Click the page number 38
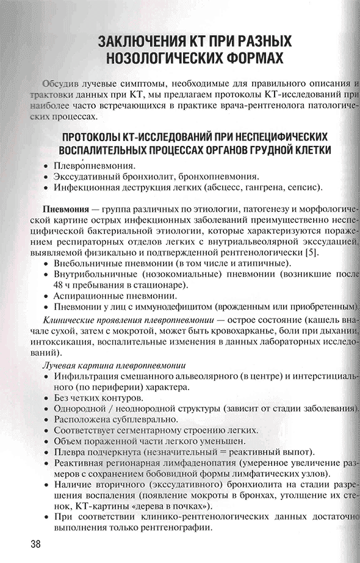pyautogui.click(x=31, y=543)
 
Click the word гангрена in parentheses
pyautogui.click(x=256, y=187)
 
